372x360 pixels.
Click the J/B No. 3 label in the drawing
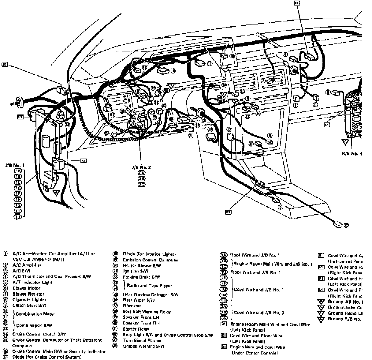coord(141,167)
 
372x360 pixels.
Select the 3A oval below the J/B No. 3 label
coord(141,173)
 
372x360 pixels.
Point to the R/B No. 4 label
coord(352,153)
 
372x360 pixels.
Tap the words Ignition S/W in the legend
coord(136,271)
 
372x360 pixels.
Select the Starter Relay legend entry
coord(136,329)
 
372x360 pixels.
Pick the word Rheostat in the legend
coord(132,306)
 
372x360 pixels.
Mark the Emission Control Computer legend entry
coord(151,260)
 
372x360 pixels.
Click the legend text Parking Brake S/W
coord(141,277)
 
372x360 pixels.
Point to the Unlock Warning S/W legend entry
coord(143,346)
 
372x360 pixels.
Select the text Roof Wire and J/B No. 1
coord(255,255)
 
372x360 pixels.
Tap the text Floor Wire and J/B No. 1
coord(255,272)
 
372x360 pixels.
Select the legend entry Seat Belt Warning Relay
coord(147,312)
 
